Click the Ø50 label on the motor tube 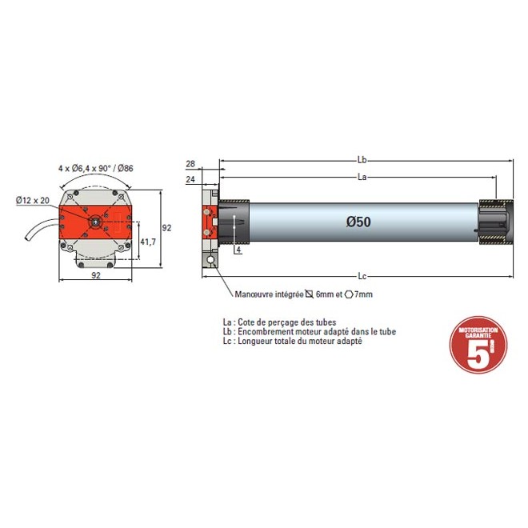[x=359, y=222]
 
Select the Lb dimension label [x=362, y=160]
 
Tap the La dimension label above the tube [x=362, y=176]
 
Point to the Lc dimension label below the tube [x=362, y=276]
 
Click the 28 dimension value [x=190, y=164]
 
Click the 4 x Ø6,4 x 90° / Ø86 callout [x=95, y=168]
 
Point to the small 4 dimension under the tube [x=238, y=250]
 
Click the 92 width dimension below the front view [x=95, y=276]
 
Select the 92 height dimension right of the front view [x=166, y=227]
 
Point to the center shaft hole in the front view [x=95, y=222]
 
